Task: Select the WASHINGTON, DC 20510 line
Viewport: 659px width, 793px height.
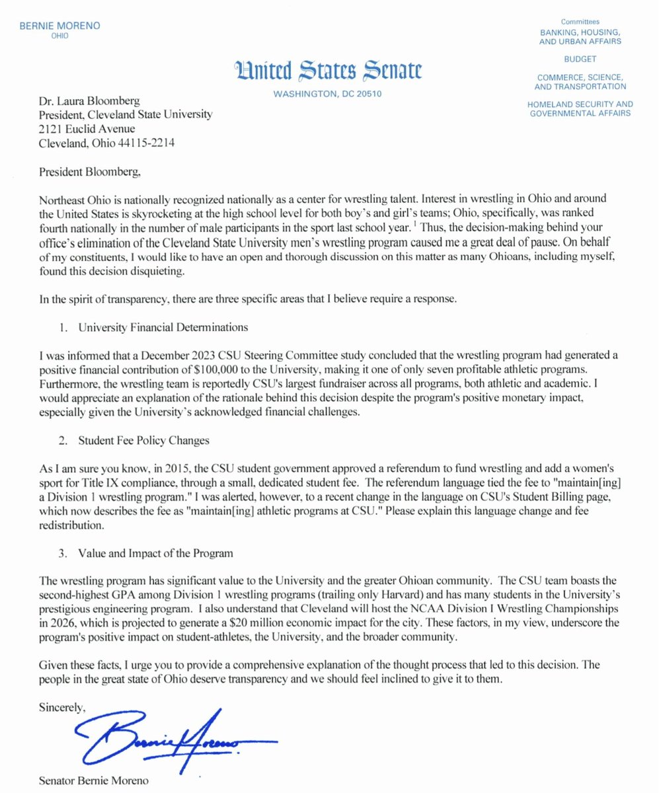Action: (x=327, y=94)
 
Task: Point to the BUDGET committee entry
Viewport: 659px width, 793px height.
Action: (x=580, y=58)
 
